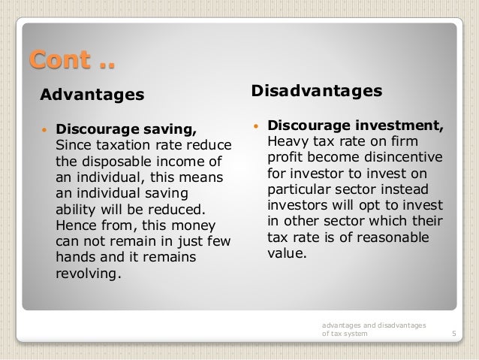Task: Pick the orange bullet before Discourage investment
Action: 255,125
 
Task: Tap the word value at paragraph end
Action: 285,253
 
